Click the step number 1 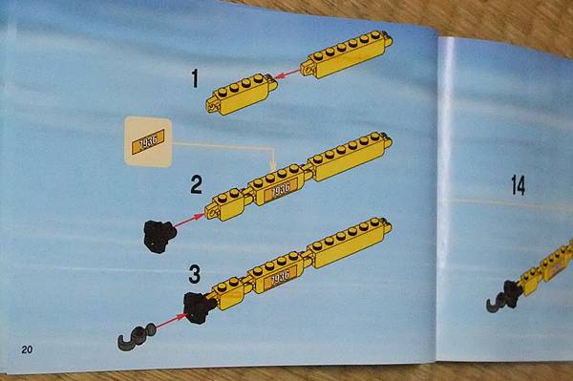tap(195, 78)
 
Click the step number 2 tap(196, 185)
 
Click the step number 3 tap(195, 274)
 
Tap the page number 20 tap(27, 349)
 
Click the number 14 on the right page tap(519, 185)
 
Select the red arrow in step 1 tap(287, 74)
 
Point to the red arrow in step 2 tap(189, 222)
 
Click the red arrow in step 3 tap(171, 321)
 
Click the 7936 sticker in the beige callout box tap(148, 141)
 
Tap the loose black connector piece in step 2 tap(159, 237)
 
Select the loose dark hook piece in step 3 tap(136, 336)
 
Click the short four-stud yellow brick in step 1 tap(242, 95)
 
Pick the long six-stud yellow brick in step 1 tap(347, 54)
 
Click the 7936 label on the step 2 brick tap(282, 190)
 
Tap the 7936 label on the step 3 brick tap(280, 278)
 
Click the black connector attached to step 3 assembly tap(199, 307)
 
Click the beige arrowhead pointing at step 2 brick tap(272, 166)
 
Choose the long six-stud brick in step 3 tap(349, 243)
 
